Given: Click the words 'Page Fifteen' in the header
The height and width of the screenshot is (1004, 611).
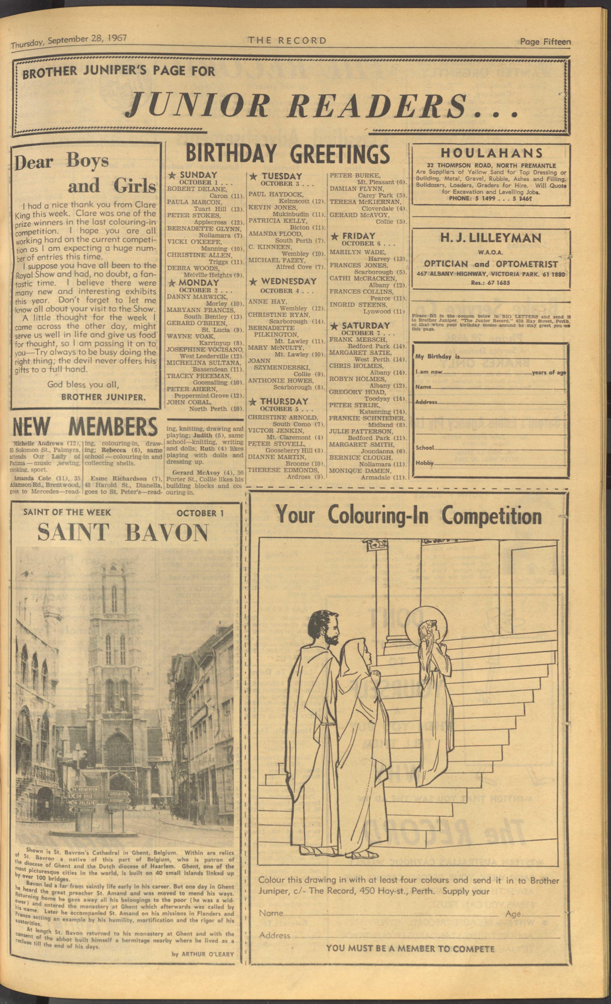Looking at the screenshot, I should click(x=545, y=42).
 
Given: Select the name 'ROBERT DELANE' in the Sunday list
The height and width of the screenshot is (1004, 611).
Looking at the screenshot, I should click(x=191, y=189).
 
